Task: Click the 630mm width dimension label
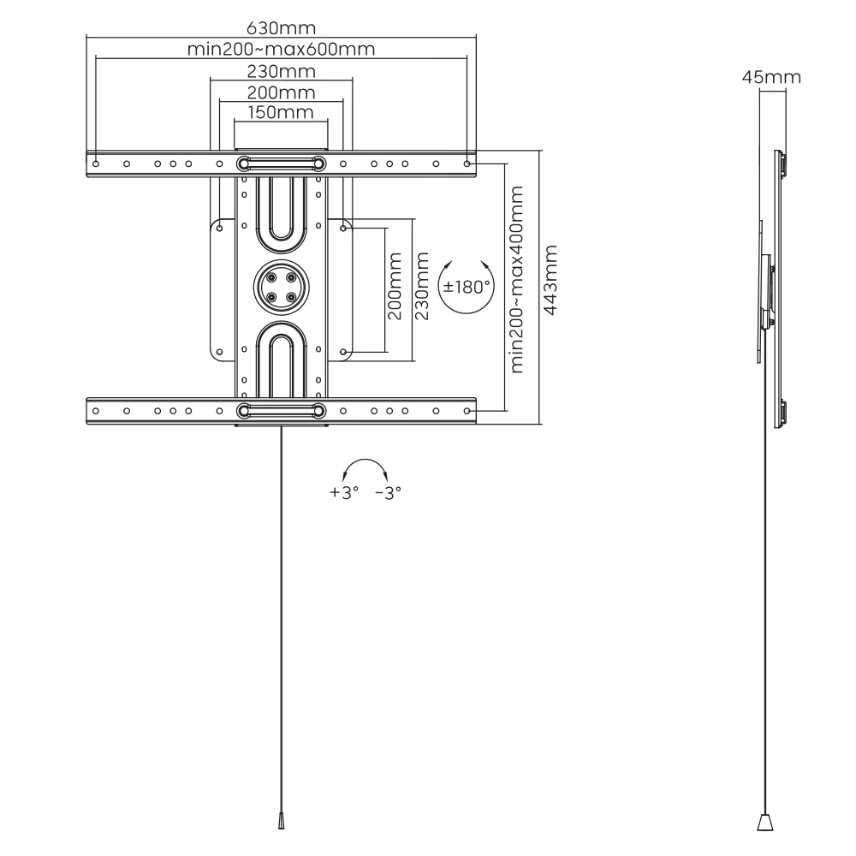click(281, 27)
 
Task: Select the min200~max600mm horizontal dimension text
click(281, 48)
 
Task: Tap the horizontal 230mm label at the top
click(281, 70)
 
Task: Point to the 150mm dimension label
click(281, 112)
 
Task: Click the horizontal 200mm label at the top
click(281, 92)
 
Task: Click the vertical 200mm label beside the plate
click(395, 286)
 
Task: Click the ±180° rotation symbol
click(466, 286)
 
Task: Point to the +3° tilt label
click(343, 493)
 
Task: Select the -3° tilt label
click(388, 493)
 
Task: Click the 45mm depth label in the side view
click(771, 78)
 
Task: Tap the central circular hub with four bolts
click(281, 286)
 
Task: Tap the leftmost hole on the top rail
click(96, 163)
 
